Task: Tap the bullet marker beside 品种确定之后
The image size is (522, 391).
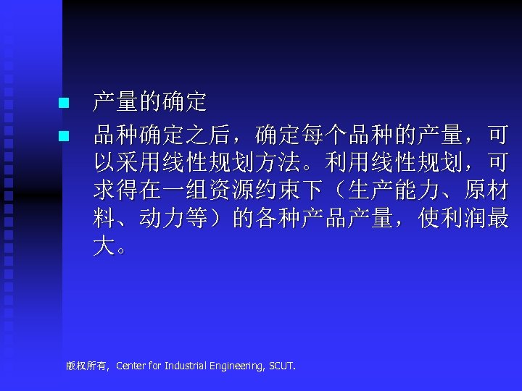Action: pos(63,135)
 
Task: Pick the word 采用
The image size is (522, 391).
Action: pos(139,163)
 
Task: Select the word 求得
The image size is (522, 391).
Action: pos(116,191)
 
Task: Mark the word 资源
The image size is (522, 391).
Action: pos(232,191)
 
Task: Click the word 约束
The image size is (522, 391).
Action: pos(278,191)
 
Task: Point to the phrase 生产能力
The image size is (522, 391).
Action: pos(394,191)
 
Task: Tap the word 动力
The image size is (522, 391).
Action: pos(162,219)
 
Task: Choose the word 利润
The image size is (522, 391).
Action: pos(464,219)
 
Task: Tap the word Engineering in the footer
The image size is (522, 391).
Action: pos(236,366)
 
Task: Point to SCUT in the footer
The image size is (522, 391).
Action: pos(282,366)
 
